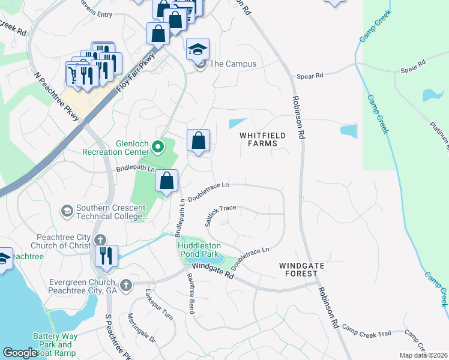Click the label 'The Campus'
click(x=233, y=64)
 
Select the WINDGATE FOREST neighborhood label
click(x=298, y=269)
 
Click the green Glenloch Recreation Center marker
click(x=158, y=146)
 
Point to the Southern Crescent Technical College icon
click(x=67, y=211)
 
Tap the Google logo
click(x=20, y=352)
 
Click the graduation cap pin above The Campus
click(x=197, y=50)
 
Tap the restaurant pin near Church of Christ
click(x=106, y=256)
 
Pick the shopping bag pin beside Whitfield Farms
click(x=198, y=141)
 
